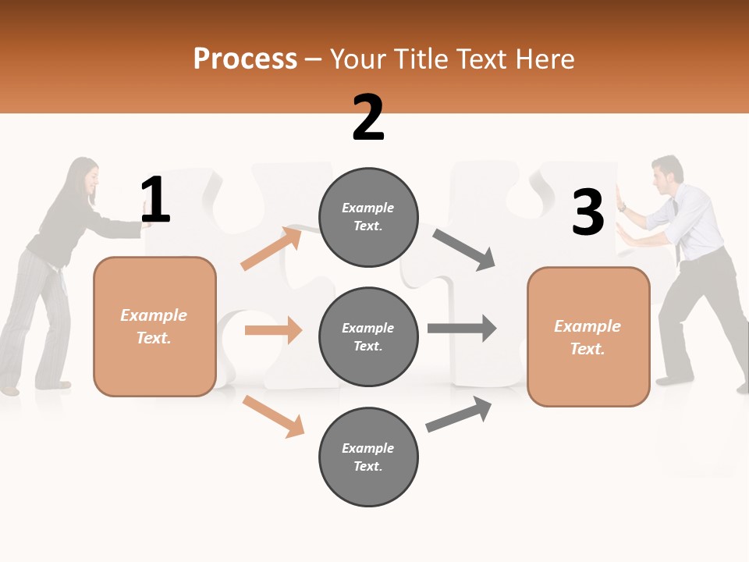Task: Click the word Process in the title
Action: pyautogui.click(x=245, y=59)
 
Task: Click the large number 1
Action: pyautogui.click(x=155, y=201)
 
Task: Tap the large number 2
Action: pyautogui.click(x=368, y=118)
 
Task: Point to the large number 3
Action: pyautogui.click(x=587, y=213)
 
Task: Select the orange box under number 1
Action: pyautogui.click(x=154, y=326)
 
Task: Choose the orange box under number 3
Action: pyautogui.click(x=588, y=336)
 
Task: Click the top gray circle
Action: pyautogui.click(x=368, y=217)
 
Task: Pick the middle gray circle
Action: pyautogui.click(x=368, y=337)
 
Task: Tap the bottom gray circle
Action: pyautogui.click(x=368, y=457)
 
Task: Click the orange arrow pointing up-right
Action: pyautogui.click(x=271, y=248)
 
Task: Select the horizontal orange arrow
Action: pyautogui.click(x=273, y=330)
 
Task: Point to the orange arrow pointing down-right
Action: pyautogui.click(x=273, y=416)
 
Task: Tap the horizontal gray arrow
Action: pyautogui.click(x=462, y=328)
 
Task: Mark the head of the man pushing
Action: pyautogui.click(x=667, y=175)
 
